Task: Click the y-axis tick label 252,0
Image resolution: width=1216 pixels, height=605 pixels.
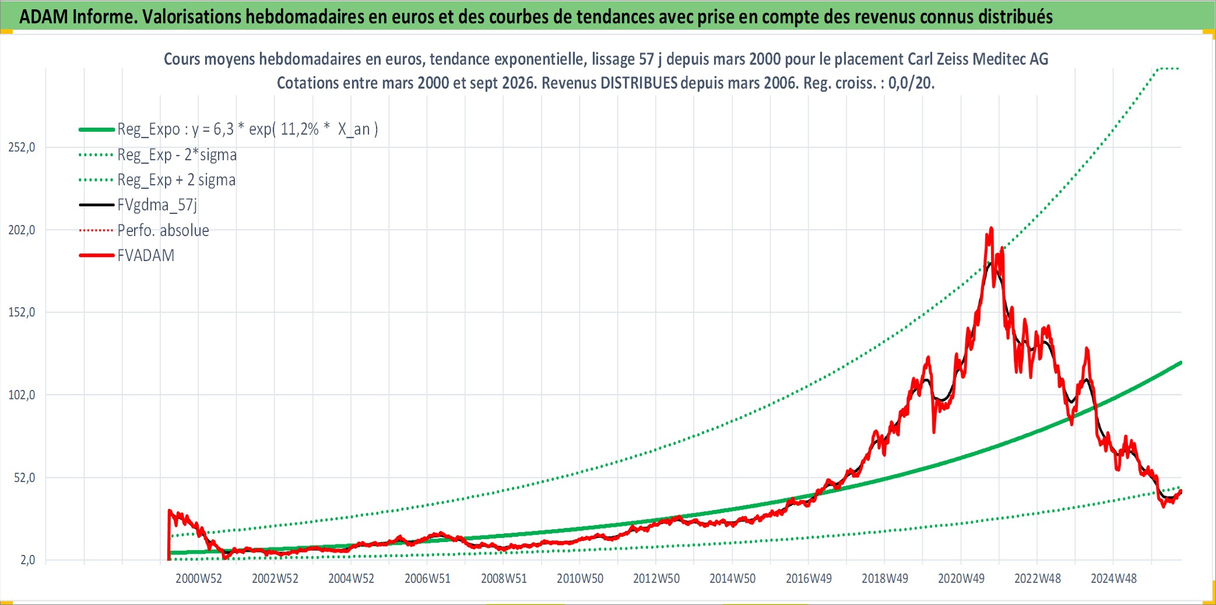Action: click(x=22, y=147)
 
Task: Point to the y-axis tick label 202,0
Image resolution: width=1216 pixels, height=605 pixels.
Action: click(x=22, y=230)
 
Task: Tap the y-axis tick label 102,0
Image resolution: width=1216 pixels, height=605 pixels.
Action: click(x=22, y=395)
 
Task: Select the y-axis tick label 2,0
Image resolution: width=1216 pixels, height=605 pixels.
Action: click(x=27, y=560)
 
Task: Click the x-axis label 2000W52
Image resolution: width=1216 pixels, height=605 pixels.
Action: click(x=199, y=579)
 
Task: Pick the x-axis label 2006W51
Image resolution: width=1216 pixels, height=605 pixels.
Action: click(x=428, y=579)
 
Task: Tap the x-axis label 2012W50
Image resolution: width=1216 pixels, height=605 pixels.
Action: click(x=656, y=579)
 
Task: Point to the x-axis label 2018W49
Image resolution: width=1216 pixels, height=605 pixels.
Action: click(x=885, y=579)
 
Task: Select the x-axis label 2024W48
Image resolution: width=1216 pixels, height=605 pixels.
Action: click(x=1113, y=579)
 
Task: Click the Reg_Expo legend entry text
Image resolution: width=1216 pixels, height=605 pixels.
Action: click(x=248, y=129)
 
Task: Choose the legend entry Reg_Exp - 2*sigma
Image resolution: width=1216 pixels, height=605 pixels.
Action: click(x=177, y=155)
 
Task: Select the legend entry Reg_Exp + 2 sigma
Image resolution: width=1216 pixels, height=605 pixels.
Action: click(x=177, y=180)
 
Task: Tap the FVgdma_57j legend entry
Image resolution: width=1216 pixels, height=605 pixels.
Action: click(x=157, y=205)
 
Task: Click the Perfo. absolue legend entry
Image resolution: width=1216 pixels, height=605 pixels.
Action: click(x=163, y=230)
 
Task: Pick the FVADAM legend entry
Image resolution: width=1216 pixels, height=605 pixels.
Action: click(x=146, y=255)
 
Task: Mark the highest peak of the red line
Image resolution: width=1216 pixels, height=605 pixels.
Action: click(x=991, y=228)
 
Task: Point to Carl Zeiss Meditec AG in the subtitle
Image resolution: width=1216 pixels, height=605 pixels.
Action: click(x=978, y=59)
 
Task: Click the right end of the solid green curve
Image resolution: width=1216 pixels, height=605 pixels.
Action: click(x=1180, y=363)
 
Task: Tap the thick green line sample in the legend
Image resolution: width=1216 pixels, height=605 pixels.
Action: click(x=97, y=129)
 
